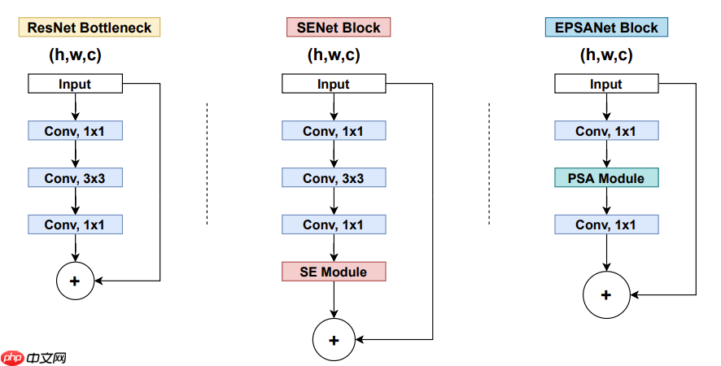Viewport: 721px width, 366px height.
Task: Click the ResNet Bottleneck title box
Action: [x=90, y=28]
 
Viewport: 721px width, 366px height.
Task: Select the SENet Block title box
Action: [x=339, y=28]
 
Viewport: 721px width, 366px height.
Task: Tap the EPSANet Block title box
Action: [x=605, y=28]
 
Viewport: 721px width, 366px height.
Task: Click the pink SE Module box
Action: [x=334, y=272]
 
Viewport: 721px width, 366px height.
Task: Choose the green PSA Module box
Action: [x=605, y=178]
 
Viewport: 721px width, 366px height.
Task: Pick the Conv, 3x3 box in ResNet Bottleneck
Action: [x=75, y=178]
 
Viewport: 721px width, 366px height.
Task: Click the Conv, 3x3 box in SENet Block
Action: [x=334, y=178]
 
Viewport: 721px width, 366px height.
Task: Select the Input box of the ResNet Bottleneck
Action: [x=75, y=84]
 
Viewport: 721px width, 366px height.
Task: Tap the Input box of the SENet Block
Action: [x=334, y=84]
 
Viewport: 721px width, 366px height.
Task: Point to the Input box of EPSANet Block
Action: [x=605, y=84]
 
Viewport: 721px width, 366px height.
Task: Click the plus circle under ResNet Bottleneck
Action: [x=75, y=281]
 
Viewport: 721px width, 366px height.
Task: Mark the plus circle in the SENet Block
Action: [x=334, y=339]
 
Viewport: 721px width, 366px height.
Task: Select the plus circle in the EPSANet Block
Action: [x=605, y=294]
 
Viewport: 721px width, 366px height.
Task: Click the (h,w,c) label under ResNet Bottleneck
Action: [x=75, y=55]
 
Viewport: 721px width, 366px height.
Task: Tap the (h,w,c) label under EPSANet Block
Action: [x=605, y=55]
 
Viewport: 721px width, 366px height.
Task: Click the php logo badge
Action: [x=12, y=357]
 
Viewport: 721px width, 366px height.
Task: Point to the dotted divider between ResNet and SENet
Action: [x=208, y=163]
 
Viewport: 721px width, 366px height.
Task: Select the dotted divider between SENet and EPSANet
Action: [x=488, y=163]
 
